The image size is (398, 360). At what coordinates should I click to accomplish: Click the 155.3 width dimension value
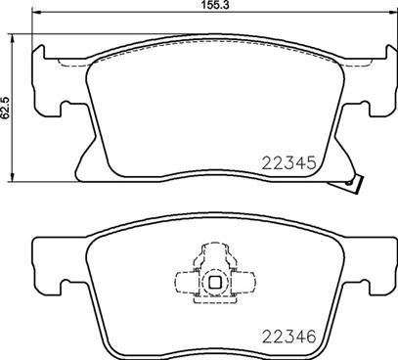pos(201,6)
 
